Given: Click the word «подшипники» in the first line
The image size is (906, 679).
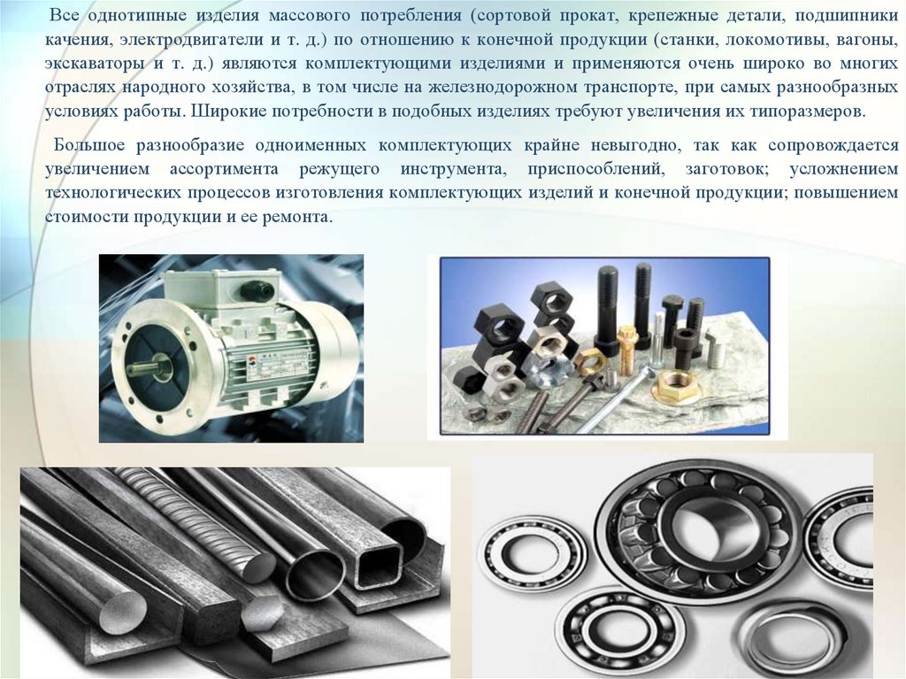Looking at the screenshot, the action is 847,16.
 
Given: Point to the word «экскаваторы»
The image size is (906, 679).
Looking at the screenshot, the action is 94,64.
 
